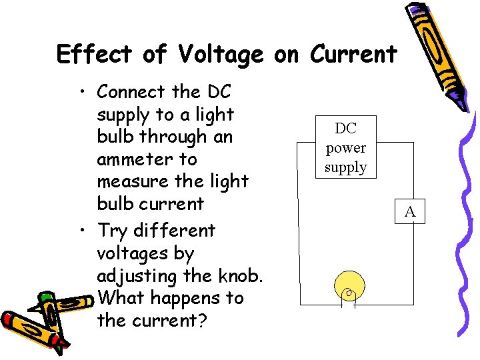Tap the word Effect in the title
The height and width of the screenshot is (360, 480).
(95, 54)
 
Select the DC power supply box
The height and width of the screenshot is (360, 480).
(345, 147)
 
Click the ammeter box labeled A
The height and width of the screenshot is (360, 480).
(410, 212)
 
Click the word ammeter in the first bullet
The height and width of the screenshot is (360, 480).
(147, 159)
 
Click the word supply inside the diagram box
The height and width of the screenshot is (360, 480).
(345, 167)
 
